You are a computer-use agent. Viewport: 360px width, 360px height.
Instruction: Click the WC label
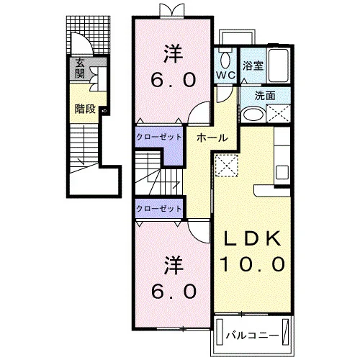(225, 75)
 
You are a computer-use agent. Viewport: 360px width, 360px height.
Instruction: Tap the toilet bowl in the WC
(225, 60)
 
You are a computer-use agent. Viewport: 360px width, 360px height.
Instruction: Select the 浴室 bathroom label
(253, 66)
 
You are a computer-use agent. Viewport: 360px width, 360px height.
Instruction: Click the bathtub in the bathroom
(279, 66)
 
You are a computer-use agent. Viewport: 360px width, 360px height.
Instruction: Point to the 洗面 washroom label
(265, 96)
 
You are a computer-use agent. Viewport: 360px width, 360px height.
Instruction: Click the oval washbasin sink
(253, 114)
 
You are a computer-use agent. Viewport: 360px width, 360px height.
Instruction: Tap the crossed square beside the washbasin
(278, 114)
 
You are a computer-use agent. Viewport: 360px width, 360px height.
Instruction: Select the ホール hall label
(212, 138)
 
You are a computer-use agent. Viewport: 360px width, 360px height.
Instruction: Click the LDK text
(252, 238)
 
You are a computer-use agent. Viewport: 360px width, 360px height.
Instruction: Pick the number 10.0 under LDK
(252, 264)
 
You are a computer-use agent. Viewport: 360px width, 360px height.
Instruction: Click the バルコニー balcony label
(252, 336)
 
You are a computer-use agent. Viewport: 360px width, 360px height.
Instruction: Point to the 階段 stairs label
(85, 109)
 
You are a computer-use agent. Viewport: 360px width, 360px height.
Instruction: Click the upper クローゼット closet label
(158, 137)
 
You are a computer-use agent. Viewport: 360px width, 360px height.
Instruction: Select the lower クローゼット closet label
(158, 209)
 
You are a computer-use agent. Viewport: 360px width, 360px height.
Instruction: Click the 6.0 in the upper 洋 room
(174, 80)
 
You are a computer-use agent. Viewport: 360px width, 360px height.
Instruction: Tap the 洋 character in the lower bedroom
(174, 266)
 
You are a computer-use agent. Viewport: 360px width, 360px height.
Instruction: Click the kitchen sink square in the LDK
(282, 172)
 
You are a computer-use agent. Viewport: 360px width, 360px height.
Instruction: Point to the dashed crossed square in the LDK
(227, 166)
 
